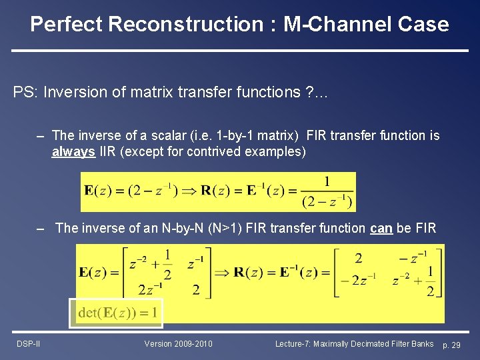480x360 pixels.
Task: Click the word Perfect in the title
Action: coord(66,25)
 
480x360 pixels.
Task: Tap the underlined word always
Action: coord(73,152)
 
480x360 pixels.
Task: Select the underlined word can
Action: coord(381,228)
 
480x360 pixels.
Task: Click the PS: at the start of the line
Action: coord(25,92)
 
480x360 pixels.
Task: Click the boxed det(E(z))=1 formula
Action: coord(116,312)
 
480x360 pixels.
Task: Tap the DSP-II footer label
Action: coord(29,344)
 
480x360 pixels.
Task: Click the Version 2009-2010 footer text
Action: coord(179,344)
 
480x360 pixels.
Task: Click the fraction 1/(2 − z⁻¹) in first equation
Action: coord(327,192)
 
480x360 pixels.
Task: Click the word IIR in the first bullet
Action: coord(107,152)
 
